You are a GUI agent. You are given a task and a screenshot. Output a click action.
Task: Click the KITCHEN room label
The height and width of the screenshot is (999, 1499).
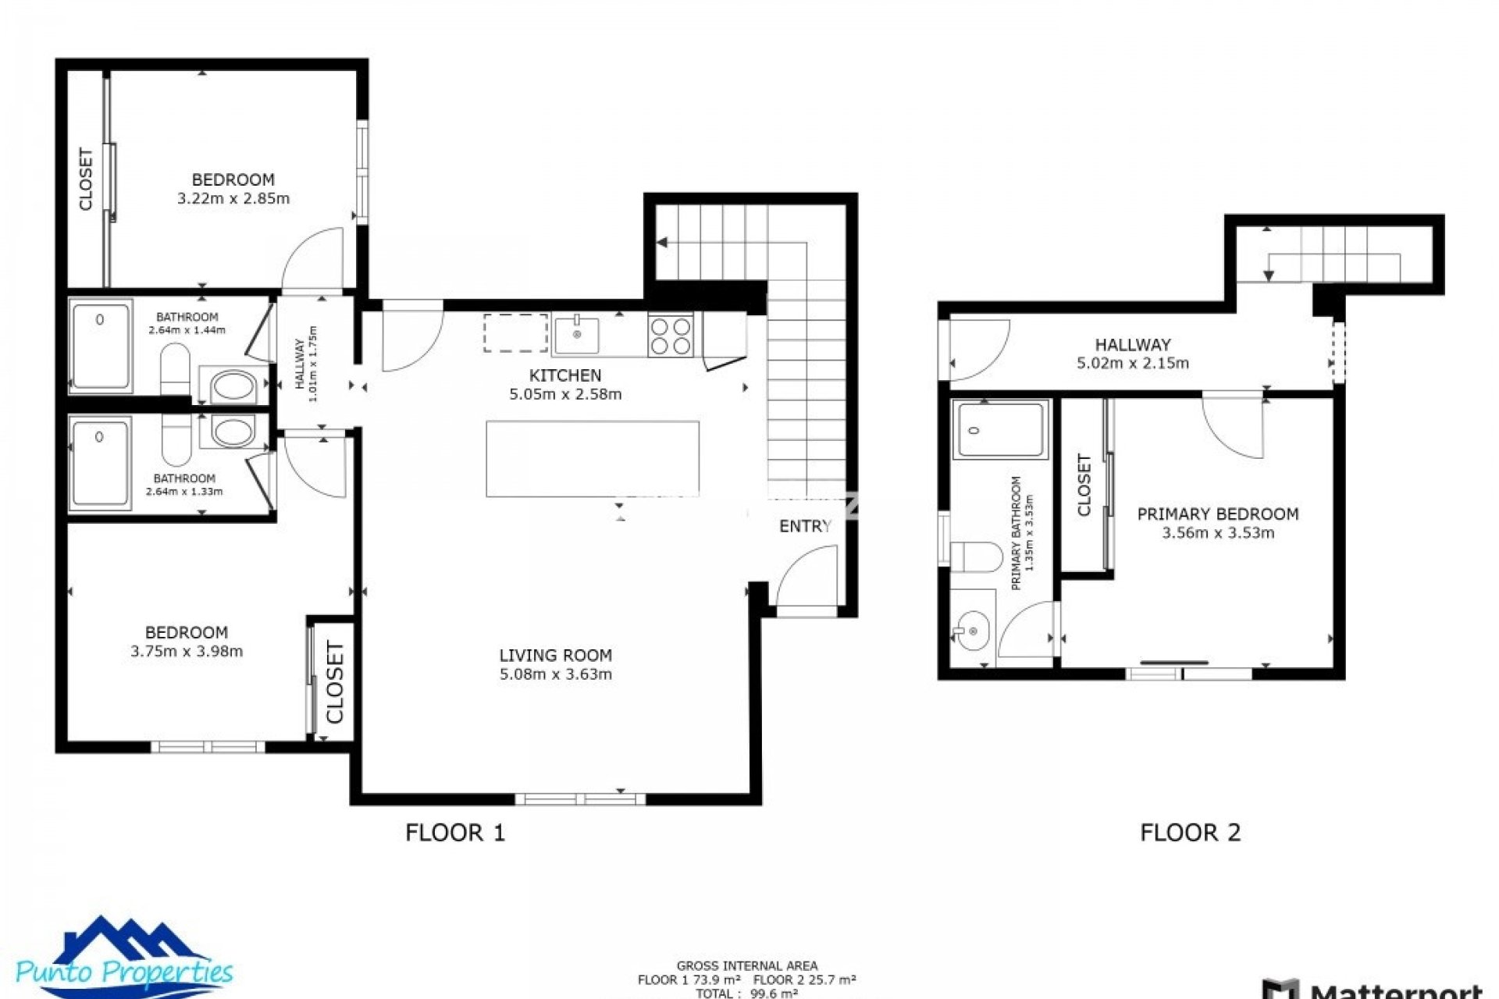565,375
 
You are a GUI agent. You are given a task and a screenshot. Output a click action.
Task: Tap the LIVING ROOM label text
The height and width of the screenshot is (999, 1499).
555,656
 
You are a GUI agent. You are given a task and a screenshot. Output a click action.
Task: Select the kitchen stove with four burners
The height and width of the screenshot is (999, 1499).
670,336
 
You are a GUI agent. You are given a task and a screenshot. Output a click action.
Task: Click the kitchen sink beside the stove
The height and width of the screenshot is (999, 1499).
576,335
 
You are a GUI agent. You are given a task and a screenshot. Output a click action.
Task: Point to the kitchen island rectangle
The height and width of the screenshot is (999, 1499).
592,459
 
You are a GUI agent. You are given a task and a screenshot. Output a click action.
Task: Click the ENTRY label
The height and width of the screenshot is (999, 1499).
805,527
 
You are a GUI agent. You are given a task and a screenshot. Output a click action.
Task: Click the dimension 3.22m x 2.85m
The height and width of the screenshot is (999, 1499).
233,199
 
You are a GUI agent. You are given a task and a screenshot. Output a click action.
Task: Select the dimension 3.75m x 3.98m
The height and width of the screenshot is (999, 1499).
187,652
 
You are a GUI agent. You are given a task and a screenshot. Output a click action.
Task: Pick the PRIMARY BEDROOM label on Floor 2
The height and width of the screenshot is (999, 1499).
1217,514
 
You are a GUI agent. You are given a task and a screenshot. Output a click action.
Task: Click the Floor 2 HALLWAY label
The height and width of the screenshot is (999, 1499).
1132,344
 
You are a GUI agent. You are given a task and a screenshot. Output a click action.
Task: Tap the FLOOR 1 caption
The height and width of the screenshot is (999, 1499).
455,833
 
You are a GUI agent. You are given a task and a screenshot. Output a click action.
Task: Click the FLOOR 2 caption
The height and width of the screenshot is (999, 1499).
1190,833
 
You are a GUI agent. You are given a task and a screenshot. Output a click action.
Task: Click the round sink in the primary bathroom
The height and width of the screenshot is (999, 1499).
973,631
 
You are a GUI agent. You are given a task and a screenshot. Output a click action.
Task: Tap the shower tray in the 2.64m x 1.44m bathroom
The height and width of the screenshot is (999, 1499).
101,346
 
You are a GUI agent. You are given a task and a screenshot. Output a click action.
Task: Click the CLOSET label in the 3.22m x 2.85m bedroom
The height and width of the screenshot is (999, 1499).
86,180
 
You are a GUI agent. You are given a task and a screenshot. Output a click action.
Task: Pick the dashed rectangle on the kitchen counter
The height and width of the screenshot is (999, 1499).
515,333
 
